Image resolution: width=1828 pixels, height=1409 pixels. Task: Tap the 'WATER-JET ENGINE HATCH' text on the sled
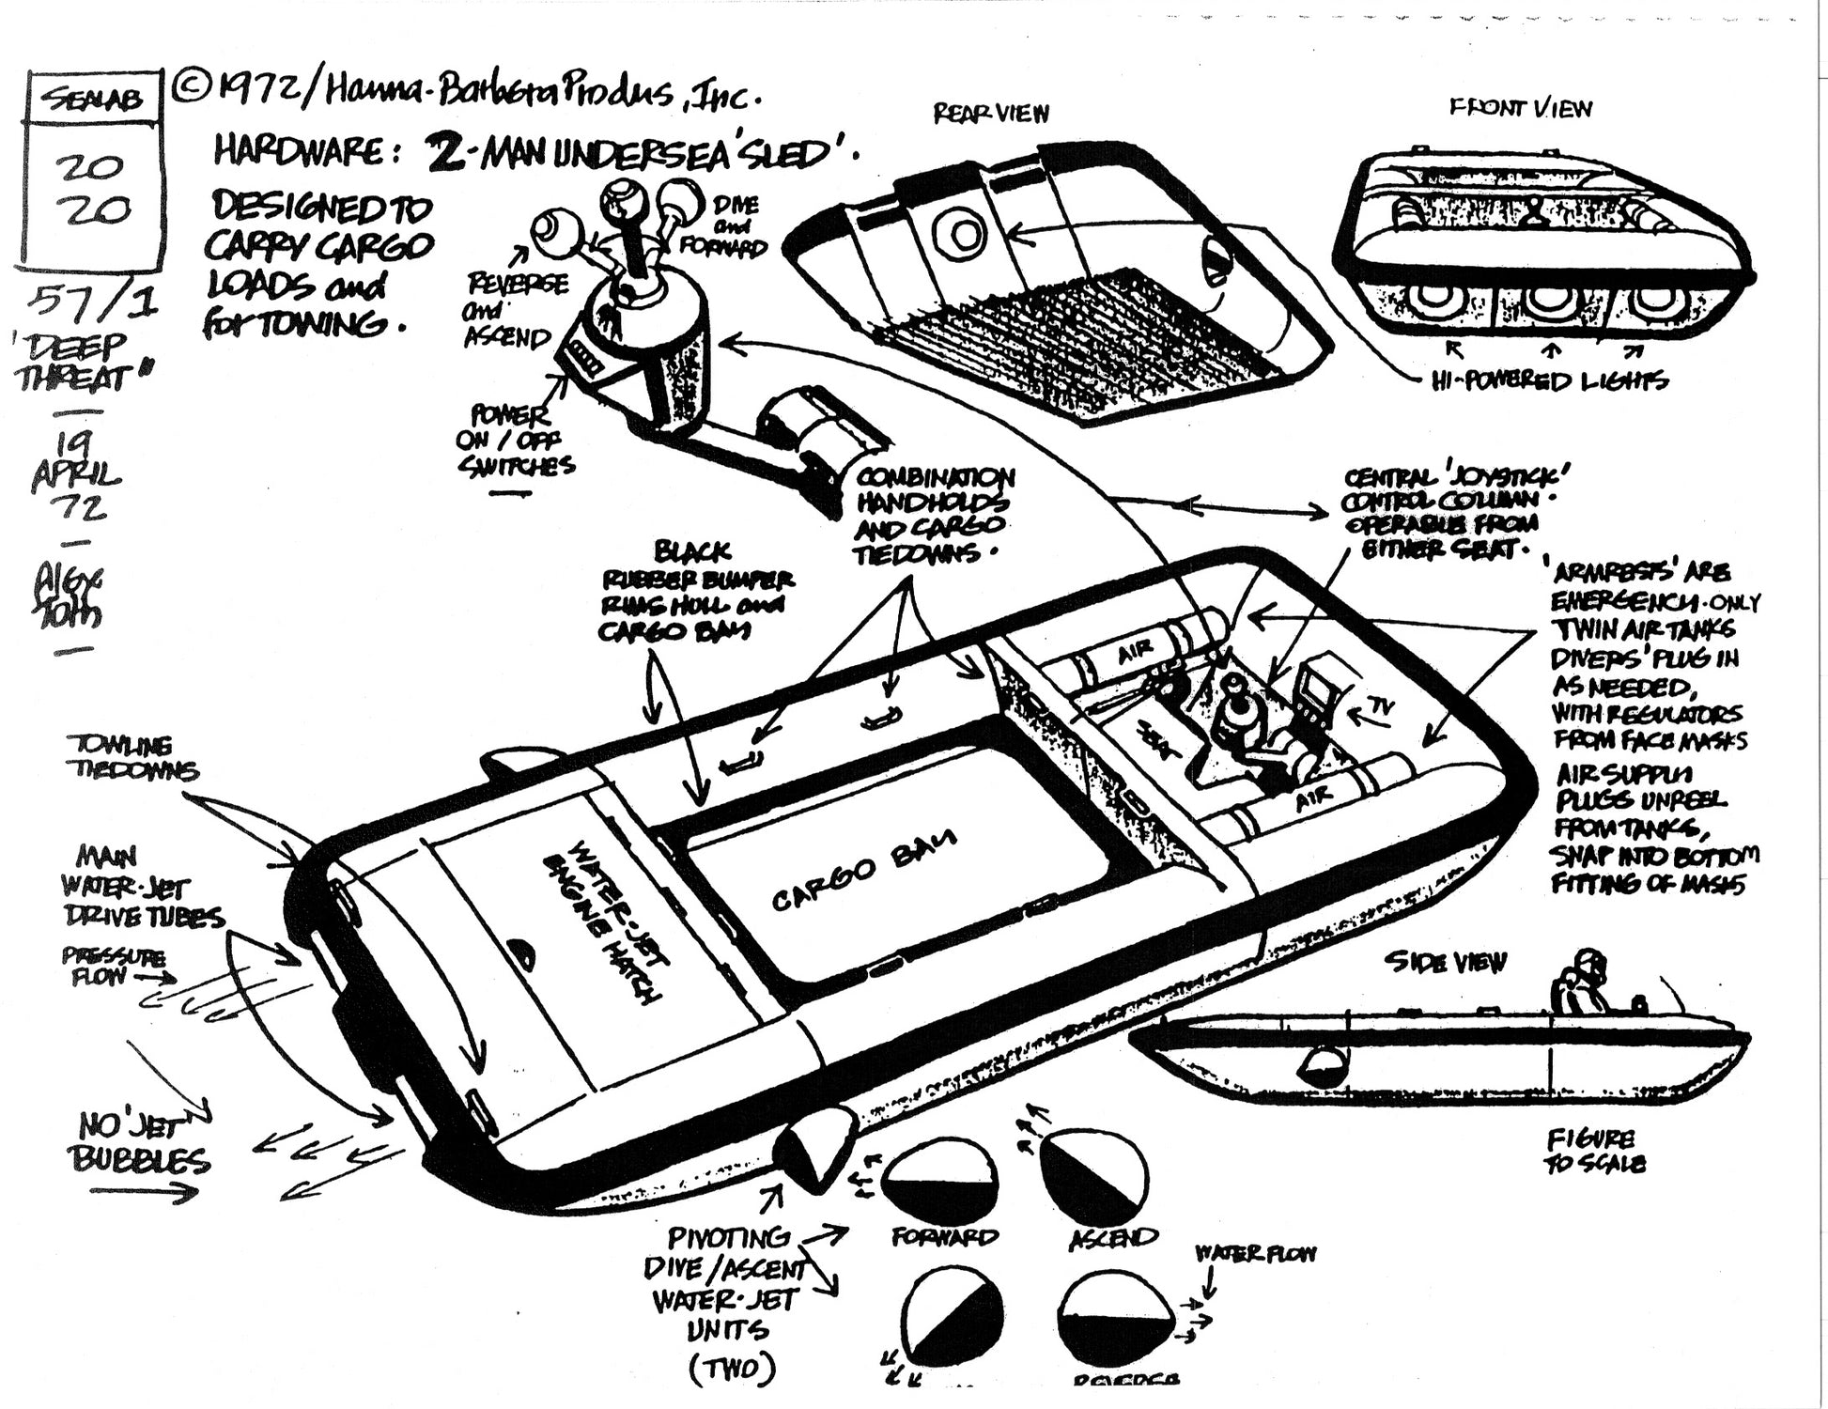pos(599,918)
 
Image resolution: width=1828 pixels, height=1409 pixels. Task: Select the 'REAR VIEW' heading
pos(990,114)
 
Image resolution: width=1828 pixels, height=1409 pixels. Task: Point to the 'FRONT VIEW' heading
pos(1520,108)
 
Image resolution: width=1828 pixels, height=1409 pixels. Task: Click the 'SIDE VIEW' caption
pos(1445,962)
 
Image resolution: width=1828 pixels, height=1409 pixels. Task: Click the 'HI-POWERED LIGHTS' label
pos(1549,380)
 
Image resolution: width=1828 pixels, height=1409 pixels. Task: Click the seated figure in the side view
pos(1576,982)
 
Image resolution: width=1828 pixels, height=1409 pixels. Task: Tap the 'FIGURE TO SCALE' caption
pos(1595,1151)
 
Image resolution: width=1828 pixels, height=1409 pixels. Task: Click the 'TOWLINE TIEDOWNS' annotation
pos(132,758)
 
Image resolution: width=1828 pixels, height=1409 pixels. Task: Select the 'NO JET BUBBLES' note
pos(141,1141)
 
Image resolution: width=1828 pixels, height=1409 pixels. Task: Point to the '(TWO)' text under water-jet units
pos(731,1370)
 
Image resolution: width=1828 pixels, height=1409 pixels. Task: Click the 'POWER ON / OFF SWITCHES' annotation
pos(515,440)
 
